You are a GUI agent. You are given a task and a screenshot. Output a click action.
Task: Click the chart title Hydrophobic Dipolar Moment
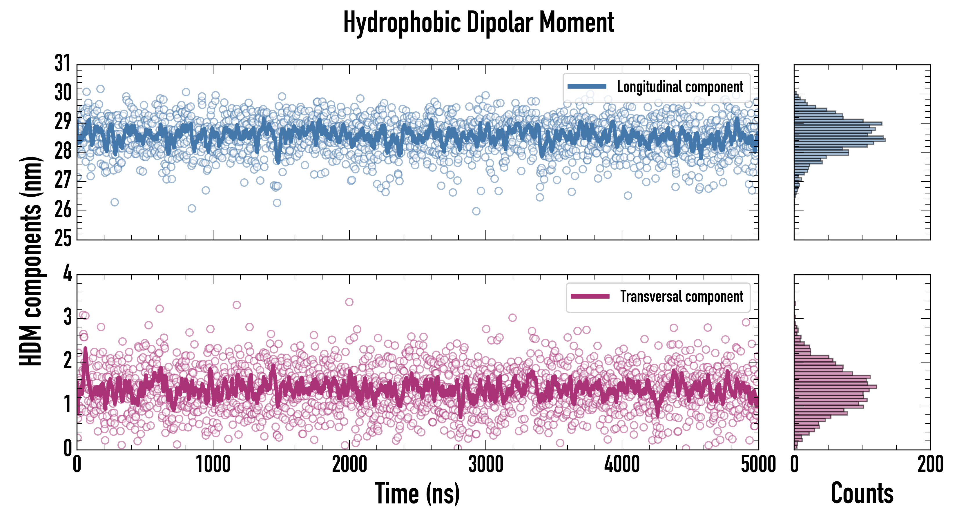[x=478, y=22]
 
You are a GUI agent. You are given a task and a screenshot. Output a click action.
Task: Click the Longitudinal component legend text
[x=680, y=87]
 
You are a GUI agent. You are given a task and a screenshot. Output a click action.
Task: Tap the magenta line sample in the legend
[x=590, y=296]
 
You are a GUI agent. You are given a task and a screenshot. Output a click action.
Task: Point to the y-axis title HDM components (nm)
[x=31, y=260]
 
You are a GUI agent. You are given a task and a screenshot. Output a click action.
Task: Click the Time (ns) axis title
[x=417, y=493]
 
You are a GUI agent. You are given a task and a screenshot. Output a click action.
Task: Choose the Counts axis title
[x=862, y=493]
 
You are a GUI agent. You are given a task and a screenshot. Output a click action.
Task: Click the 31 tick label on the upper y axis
[x=62, y=63]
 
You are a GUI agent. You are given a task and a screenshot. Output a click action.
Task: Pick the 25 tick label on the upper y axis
[x=62, y=238]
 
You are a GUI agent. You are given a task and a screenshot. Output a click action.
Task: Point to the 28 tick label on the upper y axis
[x=62, y=151]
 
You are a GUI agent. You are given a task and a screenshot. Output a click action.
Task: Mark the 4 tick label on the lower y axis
[x=67, y=274]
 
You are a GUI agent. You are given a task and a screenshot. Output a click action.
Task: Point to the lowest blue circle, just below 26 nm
[x=476, y=211]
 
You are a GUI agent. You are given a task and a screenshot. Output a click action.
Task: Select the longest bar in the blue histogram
[x=840, y=140]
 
